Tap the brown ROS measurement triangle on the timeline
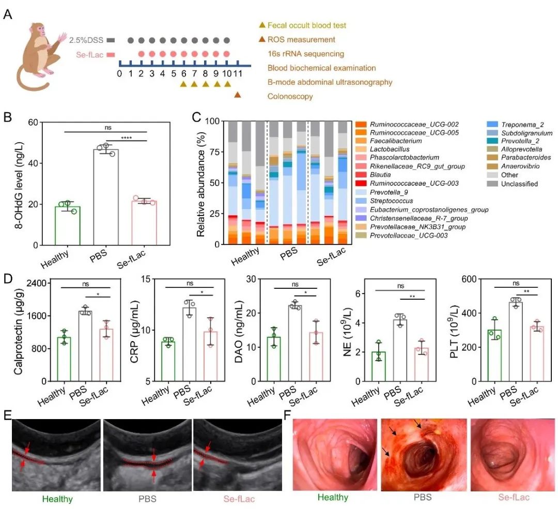[x=238, y=95]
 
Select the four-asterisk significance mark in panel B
[x=127, y=137]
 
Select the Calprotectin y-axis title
[x=19, y=332]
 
